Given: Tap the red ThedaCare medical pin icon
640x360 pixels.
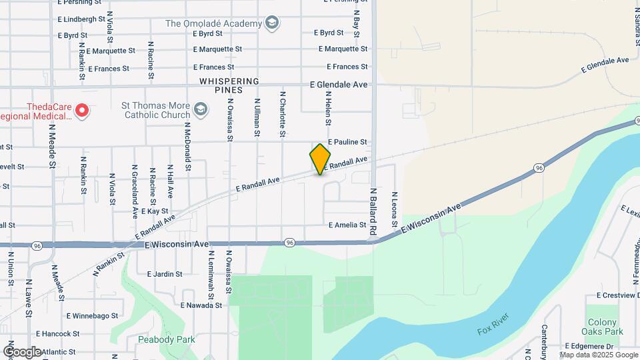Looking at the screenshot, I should [x=82, y=110].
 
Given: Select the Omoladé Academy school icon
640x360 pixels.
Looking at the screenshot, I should [x=271, y=24].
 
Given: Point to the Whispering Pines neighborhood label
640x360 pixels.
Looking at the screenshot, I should [x=229, y=85].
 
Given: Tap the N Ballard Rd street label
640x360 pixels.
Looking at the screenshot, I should [x=374, y=210].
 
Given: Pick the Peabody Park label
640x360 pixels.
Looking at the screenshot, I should [x=167, y=339].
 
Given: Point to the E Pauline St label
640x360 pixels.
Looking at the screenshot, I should [x=347, y=142].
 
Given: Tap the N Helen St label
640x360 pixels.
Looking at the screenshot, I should [x=328, y=108].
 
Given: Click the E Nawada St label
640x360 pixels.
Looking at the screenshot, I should [x=201, y=305].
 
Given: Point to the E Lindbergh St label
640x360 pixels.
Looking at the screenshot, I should [x=82, y=20].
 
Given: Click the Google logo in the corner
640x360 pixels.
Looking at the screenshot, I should [x=23, y=351].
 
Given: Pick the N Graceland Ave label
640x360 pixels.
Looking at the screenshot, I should [x=135, y=192].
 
